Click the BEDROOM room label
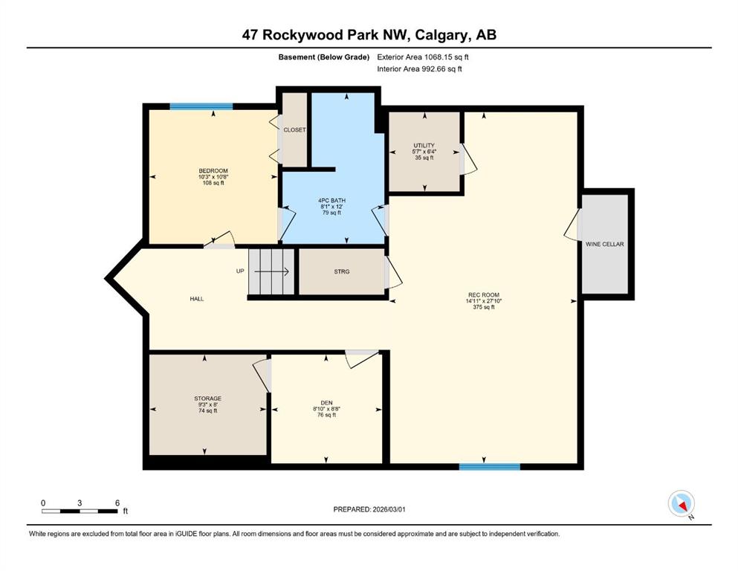tap(213, 171)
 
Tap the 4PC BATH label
tap(331, 201)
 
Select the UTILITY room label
tap(424, 146)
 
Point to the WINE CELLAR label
tap(605, 245)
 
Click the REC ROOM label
tap(483, 295)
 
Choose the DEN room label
tap(327, 403)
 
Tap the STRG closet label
tap(342, 271)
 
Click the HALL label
tap(197, 299)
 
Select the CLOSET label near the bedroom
tap(294, 130)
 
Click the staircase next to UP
tap(271, 271)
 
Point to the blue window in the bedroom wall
tap(201, 106)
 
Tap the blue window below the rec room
tap(490, 466)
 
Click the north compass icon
tap(682, 503)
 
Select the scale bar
tap(80, 511)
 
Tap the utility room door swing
tap(468, 158)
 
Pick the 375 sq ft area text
tap(484, 307)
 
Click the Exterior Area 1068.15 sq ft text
tap(423, 57)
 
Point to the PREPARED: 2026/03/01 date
tap(369, 509)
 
